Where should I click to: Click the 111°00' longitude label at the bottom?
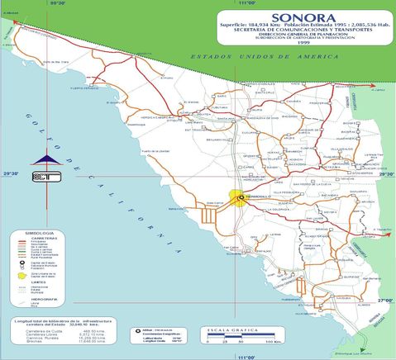tap(245, 356)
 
